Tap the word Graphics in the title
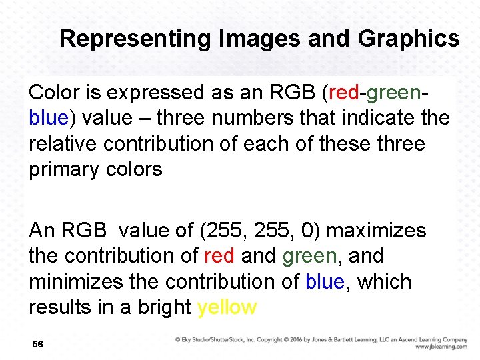click(x=409, y=39)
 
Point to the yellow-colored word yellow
click(x=227, y=307)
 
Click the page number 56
click(x=37, y=344)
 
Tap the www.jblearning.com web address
click(x=441, y=347)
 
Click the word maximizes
click(x=377, y=231)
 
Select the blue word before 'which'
click(x=325, y=282)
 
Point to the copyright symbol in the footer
click(x=178, y=339)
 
